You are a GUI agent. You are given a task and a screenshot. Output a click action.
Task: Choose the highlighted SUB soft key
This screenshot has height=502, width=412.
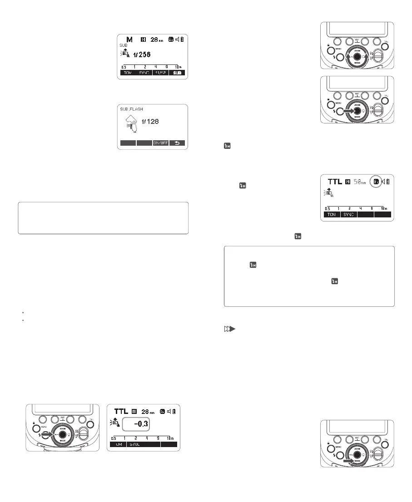[x=177, y=72]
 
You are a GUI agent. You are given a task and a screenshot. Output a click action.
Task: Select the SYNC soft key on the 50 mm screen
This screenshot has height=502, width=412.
[x=348, y=214]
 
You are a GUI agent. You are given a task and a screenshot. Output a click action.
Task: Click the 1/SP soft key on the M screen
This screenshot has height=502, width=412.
[x=160, y=72]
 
